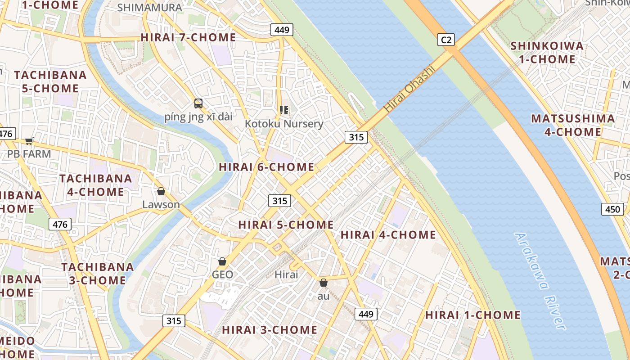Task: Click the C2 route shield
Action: point(446,40)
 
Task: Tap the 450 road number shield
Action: point(612,209)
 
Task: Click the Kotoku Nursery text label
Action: point(284,124)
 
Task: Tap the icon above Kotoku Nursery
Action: point(283,110)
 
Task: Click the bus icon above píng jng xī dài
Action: point(198,103)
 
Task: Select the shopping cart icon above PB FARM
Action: point(29,141)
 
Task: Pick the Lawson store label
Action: point(161,205)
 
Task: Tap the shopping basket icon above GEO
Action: point(222,261)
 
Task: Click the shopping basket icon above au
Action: point(323,283)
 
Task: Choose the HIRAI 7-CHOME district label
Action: point(188,37)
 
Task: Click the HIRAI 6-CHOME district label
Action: point(266,167)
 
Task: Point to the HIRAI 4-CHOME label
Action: point(388,235)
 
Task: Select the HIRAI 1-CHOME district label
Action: point(473,315)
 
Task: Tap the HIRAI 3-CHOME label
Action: point(270,330)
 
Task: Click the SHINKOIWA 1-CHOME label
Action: point(547,53)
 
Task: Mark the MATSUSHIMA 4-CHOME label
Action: point(573,125)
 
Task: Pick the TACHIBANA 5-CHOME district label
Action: point(50,81)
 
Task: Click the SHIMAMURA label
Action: point(149,8)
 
